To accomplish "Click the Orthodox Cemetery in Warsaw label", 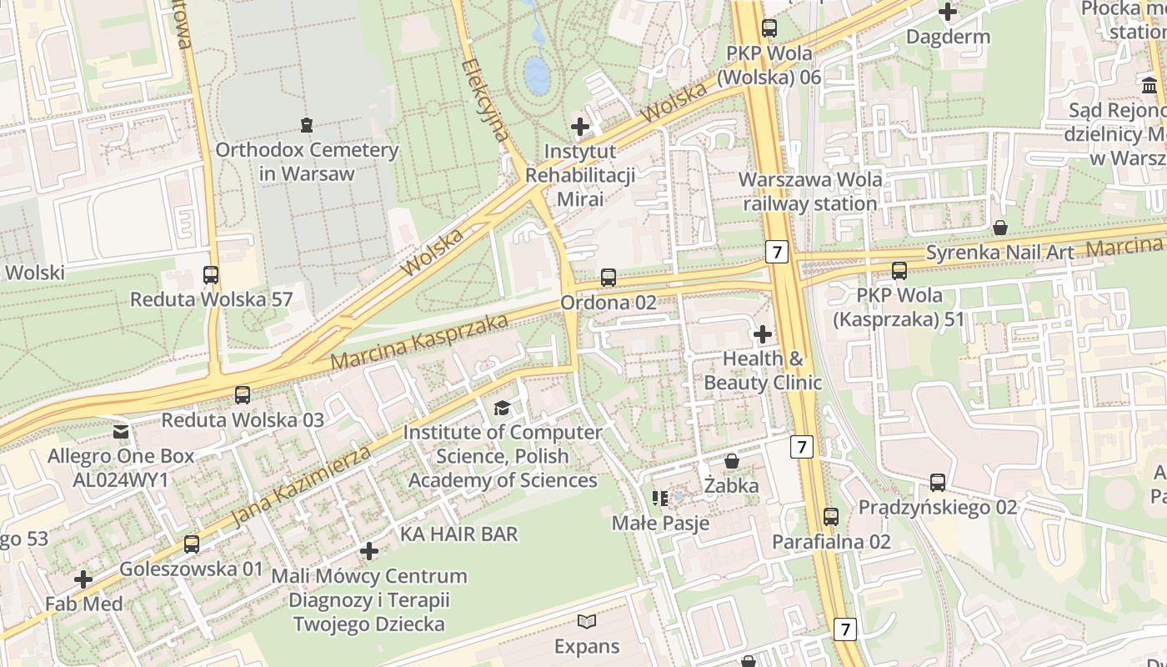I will pyautogui.click(x=307, y=162).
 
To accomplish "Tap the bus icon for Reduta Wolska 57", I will pyautogui.click(x=211, y=274).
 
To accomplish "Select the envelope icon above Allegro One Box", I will pyautogui.click(x=121, y=432).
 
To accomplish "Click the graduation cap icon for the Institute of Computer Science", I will pyautogui.click(x=502, y=408).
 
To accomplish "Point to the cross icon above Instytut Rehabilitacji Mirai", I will pyautogui.click(x=580, y=127).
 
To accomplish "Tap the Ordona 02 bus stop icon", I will pyautogui.click(x=609, y=278).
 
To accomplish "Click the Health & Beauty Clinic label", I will pyautogui.click(x=763, y=370).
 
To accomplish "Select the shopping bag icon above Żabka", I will pyautogui.click(x=732, y=461).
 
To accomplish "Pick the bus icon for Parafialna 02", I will pyautogui.click(x=830, y=517).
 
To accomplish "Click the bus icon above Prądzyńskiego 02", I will pyautogui.click(x=938, y=483).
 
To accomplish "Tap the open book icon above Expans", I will pyautogui.click(x=587, y=621).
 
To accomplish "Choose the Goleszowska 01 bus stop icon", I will pyautogui.click(x=192, y=544).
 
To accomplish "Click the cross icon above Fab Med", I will pyautogui.click(x=83, y=579).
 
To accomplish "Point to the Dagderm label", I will pyautogui.click(x=948, y=37).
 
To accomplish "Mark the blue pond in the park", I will pyautogui.click(x=537, y=75).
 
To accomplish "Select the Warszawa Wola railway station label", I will pyautogui.click(x=809, y=191).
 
